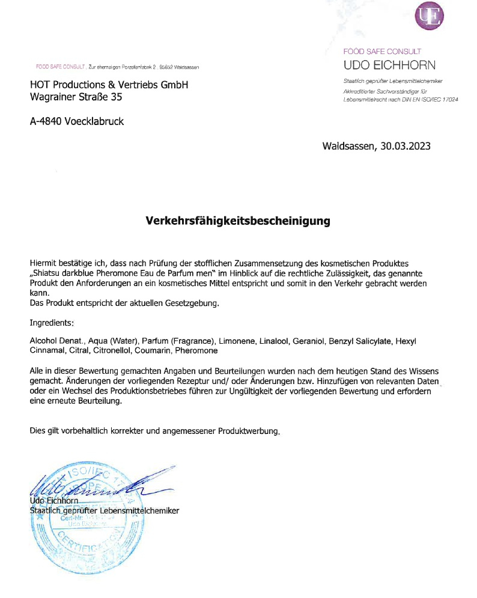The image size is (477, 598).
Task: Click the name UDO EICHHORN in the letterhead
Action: (x=389, y=65)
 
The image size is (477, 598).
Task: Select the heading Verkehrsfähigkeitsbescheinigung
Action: (x=239, y=221)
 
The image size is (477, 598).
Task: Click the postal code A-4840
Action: (x=46, y=121)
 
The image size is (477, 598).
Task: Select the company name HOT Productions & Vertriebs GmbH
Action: (x=109, y=85)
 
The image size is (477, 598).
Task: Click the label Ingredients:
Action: (x=52, y=323)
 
